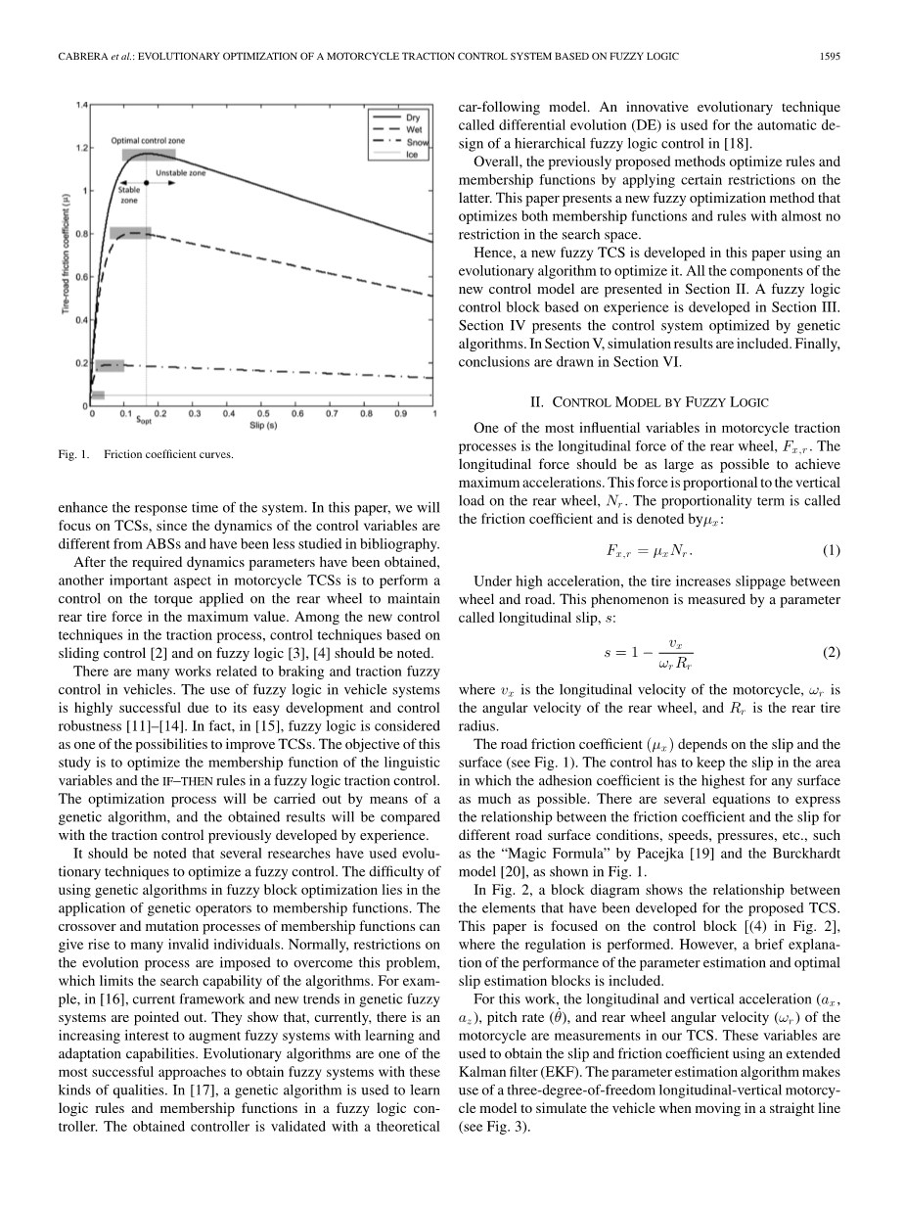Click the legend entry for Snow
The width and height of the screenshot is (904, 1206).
click(x=415, y=142)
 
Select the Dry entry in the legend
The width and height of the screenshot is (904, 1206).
click(x=413, y=116)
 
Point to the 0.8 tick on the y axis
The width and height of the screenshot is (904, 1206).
click(x=81, y=234)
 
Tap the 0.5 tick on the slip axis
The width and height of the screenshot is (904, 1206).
click(x=263, y=414)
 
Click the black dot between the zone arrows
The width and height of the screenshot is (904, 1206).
click(x=147, y=182)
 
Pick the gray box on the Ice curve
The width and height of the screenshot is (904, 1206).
click(x=98, y=394)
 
